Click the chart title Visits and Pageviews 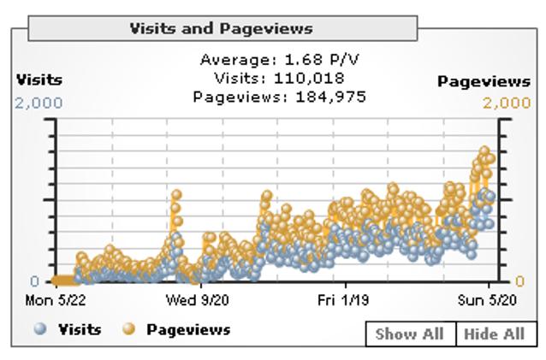click(x=221, y=28)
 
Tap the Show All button click(x=409, y=333)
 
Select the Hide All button click(x=494, y=333)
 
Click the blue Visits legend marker click(x=40, y=329)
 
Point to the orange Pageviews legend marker click(x=130, y=329)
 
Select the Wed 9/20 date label click(x=197, y=300)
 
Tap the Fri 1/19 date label click(x=344, y=300)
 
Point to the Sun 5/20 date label click(x=485, y=300)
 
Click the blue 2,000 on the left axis click(x=39, y=103)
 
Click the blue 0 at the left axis click(x=34, y=281)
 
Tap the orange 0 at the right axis click(x=519, y=281)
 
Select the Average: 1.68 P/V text click(x=271, y=60)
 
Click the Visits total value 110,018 click(x=305, y=79)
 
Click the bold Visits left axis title click(x=39, y=80)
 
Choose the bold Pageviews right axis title click(x=484, y=82)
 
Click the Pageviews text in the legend click(x=188, y=329)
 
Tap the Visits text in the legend click(x=80, y=329)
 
